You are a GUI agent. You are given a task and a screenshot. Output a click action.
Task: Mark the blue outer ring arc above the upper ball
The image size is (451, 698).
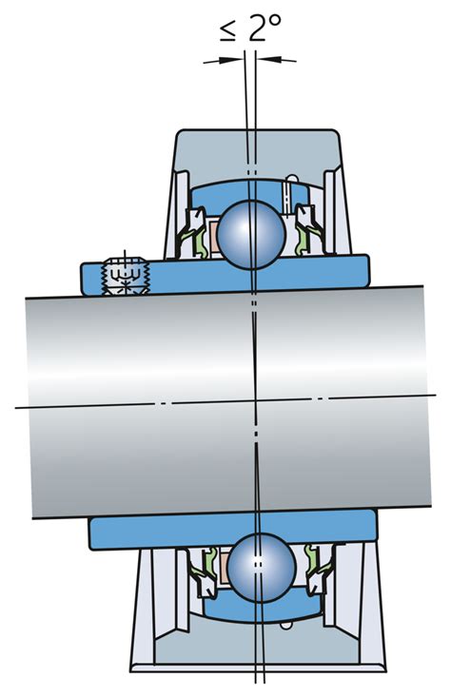coord(252,189)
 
